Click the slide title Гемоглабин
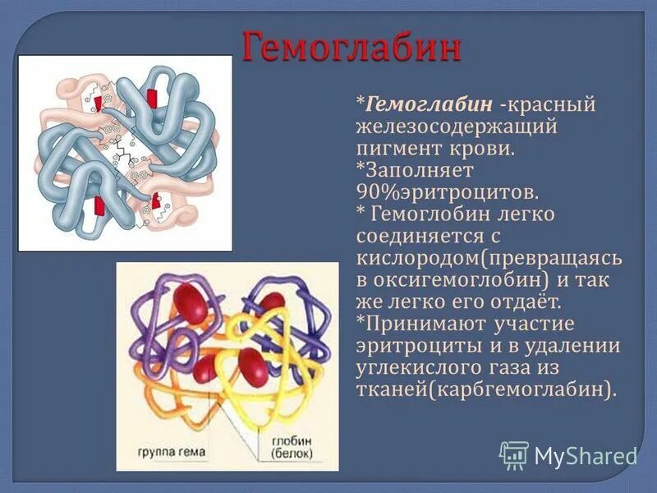[351, 47]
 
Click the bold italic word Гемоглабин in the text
[429, 105]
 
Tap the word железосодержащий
[457, 127]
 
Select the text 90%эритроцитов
[447, 192]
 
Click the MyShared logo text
[585, 455]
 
